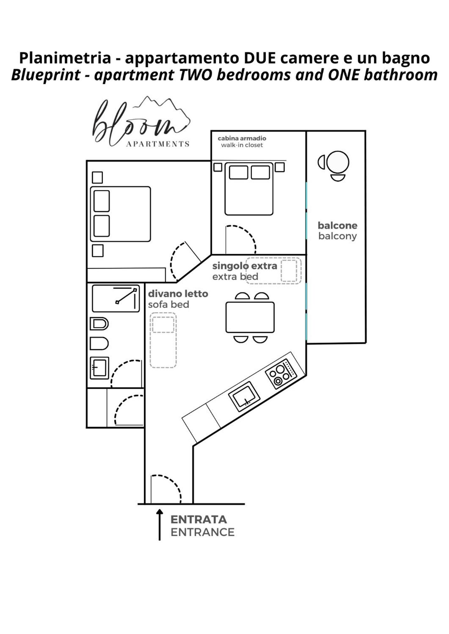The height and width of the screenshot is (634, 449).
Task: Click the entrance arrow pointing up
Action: coord(159,525)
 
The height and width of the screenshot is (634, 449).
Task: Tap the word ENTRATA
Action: coord(199,520)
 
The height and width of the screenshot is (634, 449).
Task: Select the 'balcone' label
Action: coord(338,225)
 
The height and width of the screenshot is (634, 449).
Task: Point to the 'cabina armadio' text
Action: coord(242,138)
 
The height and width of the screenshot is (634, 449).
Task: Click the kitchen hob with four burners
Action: coord(281,374)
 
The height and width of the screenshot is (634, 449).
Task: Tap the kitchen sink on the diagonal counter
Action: coord(244,396)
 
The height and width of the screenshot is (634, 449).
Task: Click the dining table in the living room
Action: coord(250,317)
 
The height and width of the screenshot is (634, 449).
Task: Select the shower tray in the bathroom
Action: coord(116,298)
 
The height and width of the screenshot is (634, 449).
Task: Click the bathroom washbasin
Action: coord(99,368)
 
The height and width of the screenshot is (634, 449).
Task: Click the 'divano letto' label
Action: coord(178,294)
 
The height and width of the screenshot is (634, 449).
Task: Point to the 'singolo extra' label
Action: coord(245,266)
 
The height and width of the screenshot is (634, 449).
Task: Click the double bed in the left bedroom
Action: coord(120,214)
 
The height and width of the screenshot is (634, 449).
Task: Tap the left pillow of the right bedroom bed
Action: coord(238,172)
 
